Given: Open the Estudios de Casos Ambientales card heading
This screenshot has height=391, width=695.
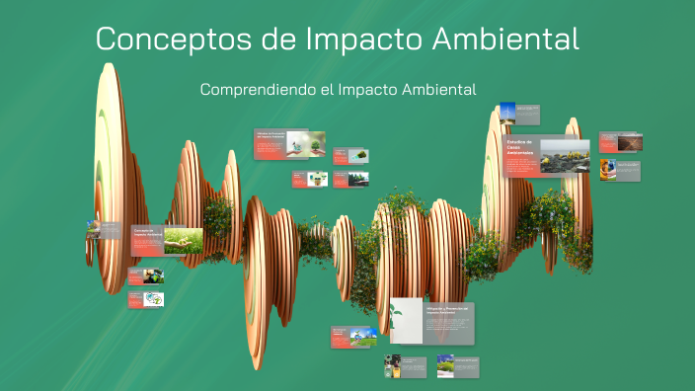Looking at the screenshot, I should [x=520, y=149].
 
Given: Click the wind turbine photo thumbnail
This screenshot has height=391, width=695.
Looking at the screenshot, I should [x=506, y=115].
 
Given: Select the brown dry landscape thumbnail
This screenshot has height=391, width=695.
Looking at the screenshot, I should [x=629, y=142].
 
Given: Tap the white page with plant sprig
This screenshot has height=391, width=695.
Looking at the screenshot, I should [x=406, y=321].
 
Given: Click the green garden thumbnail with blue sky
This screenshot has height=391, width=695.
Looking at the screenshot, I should [x=445, y=365].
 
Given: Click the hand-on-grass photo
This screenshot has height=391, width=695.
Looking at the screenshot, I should [x=183, y=241].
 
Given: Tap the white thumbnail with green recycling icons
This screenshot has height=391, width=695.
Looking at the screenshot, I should [x=153, y=299].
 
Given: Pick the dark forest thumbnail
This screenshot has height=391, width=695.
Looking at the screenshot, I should [x=357, y=179].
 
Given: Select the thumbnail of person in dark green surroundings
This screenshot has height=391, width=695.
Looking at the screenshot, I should [x=393, y=365].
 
